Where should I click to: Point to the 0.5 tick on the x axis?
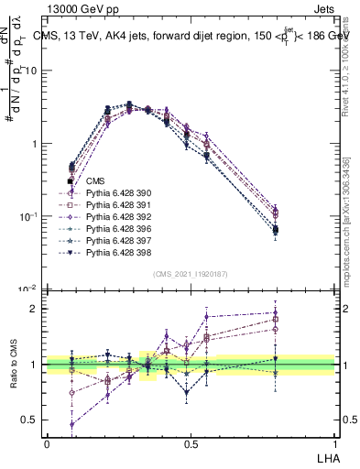point(191,442)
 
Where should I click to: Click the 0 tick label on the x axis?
point(47,442)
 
